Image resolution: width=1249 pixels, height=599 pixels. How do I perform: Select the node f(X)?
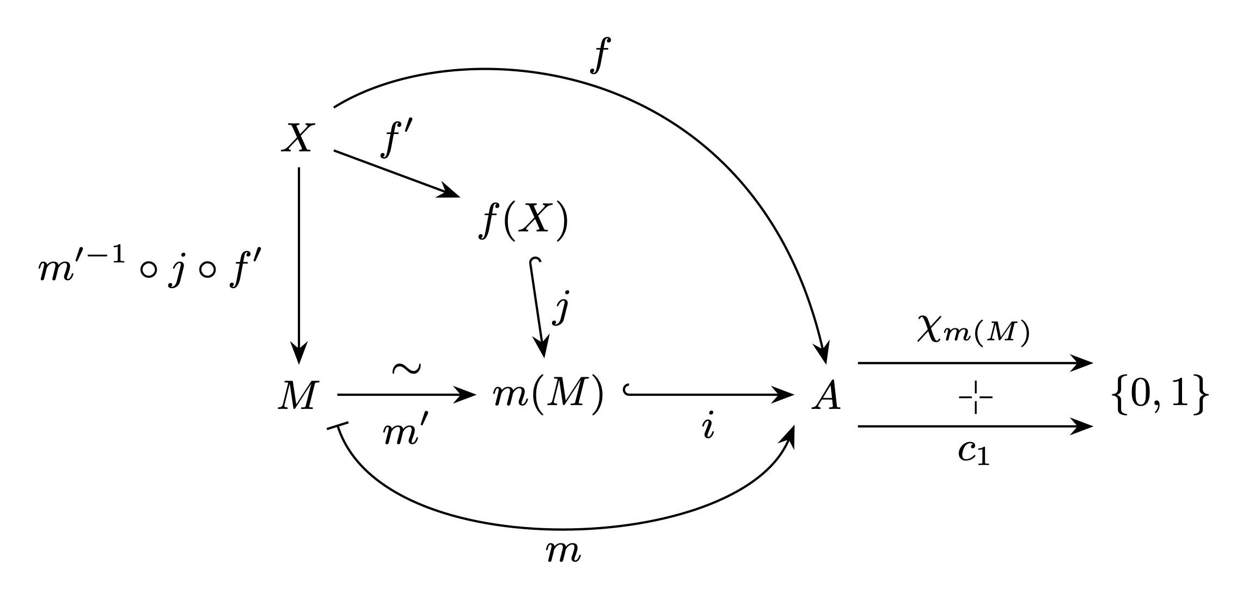click(x=523, y=222)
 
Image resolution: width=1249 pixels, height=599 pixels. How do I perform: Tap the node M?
click(x=297, y=395)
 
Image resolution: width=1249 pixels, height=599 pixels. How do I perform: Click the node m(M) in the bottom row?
click(x=548, y=396)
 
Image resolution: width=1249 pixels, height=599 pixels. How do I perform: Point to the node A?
click(x=826, y=395)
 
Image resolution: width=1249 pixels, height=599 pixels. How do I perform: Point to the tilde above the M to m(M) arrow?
click(x=406, y=369)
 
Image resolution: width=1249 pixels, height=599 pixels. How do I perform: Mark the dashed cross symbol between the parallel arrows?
click(x=975, y=396)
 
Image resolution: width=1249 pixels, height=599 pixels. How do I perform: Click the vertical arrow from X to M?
click(x=299, y=265)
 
